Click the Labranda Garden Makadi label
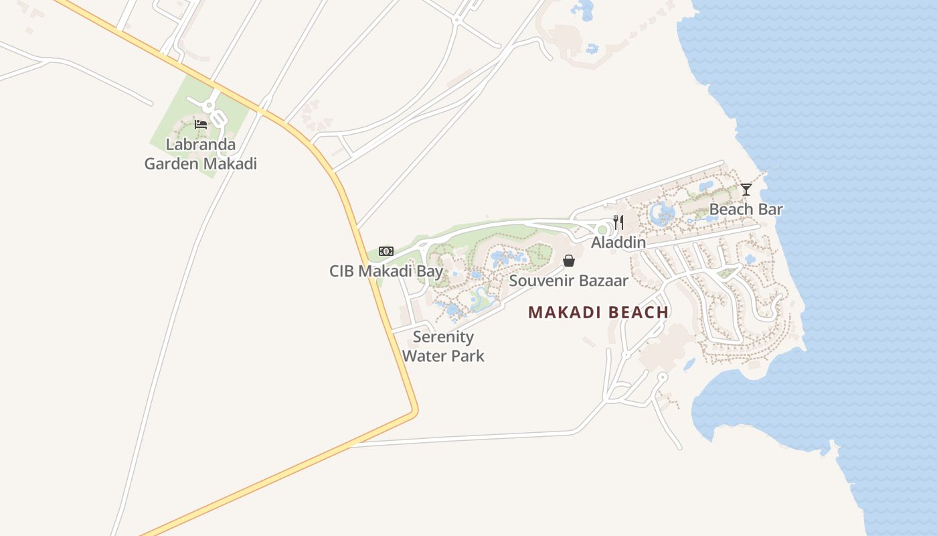click(x=201, y=154)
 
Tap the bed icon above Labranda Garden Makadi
click(x=200, y=124)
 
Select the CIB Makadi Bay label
click(x=386, y=271)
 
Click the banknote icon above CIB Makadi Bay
click(x=386, y=251)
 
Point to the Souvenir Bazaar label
click(x=568, y=281)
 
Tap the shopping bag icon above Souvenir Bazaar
click(x=569, y=261)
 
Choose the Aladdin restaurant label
click(x=618, y=243)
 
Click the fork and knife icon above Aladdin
click(x=618, y=222)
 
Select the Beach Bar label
click(x=746, y=209)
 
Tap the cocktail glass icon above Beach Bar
click(x=746, y=190)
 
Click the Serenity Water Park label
click(x=443, y=346)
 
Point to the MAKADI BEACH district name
click(x=598, y=312)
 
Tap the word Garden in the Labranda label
click(x=172, y=163)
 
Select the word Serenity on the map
click(x=443, y=337)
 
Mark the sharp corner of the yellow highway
click(x=414, y=409)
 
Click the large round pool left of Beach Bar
click(x=663, y=214)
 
